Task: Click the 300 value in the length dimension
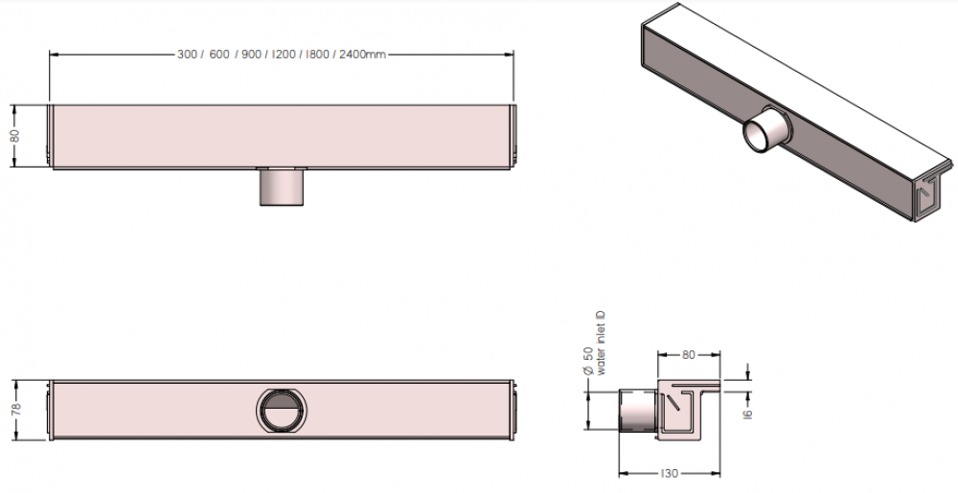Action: click(187, 55)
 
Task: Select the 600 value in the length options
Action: click(219, 55)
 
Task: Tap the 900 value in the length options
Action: click(251, 55)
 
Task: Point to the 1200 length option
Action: click(285, 55)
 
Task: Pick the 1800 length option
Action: click(317, 55)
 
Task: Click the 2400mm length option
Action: click(363, 55)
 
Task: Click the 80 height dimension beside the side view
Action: click(15, 135)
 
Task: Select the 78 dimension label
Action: click(16, 409)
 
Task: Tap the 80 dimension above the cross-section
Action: click(688, 355)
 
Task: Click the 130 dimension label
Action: click(671, 474)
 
